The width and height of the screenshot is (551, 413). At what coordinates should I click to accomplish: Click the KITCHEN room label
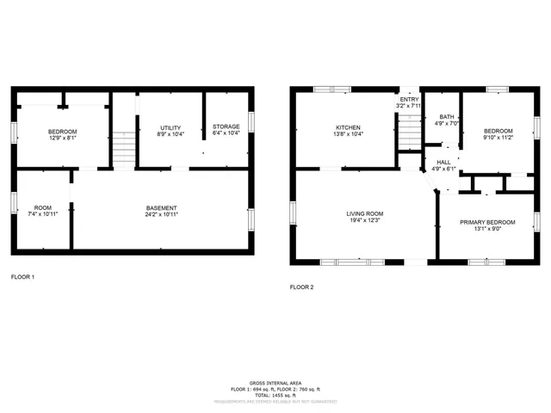click(x=349, y=126)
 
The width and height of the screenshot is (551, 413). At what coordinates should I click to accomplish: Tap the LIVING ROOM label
click(x=365, y=213)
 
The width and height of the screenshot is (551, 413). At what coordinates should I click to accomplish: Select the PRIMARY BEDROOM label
click(x=487, y=222)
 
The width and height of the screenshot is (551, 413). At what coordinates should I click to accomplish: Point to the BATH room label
click(x=446, y=117)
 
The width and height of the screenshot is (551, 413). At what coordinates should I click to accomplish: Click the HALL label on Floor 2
click(x=443, y=162)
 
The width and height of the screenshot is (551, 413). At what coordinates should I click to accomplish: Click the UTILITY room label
click(x=170, y=126)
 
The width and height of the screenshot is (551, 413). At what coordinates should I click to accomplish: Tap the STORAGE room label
click(x=226, y=126)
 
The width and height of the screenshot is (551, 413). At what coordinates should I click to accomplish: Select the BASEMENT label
click(x=162, y=207)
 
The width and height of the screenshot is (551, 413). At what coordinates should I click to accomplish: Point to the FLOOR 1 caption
click(x=22, y=277)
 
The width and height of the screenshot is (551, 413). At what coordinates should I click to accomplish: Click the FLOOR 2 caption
click(x=301, y=287)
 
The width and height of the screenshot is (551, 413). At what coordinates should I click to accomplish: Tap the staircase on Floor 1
click(x=125, y=146)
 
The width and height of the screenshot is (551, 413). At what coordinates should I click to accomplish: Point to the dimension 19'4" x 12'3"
click(x=365, y=220)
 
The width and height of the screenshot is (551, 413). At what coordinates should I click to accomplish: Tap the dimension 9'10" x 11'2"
click(x=498, y=137)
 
